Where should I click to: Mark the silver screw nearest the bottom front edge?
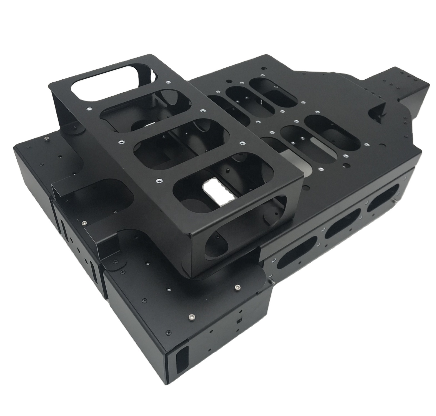click(x=191, y=316)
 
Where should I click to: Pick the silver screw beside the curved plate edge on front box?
click(x=237, y=286)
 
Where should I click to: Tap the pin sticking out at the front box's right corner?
click(x=272, y=283)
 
